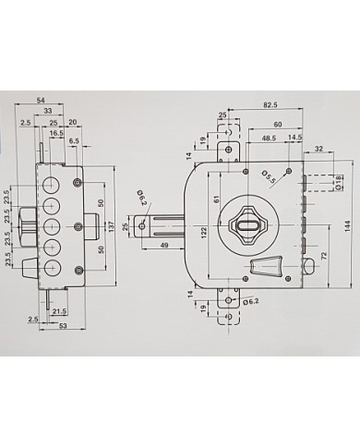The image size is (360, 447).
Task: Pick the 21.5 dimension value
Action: (x=61, y=312)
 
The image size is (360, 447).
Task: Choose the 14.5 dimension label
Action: (x=295, y=138)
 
